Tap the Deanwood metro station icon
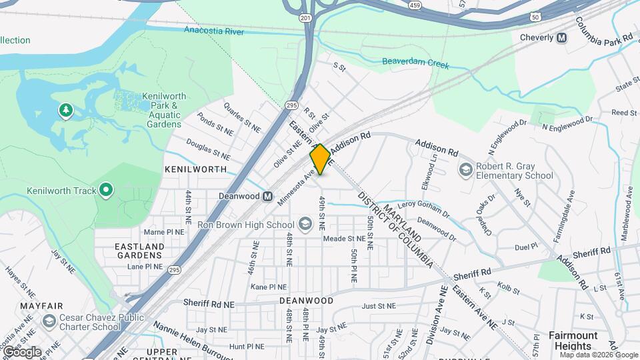[x=267, y=196]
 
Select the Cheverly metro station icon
[x=562, y=38]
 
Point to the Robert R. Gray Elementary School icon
[x=465, y=170]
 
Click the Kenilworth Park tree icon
[x=65, y=110]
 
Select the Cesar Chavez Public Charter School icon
[x=49, y=322]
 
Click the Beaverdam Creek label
[x=415, y=64]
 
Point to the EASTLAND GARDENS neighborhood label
[x=140, y=251]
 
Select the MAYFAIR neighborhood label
[x=37, y=306]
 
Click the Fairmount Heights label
[x=573, y=341]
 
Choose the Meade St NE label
[x=343, y=238]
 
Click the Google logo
[x=22, y=351]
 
